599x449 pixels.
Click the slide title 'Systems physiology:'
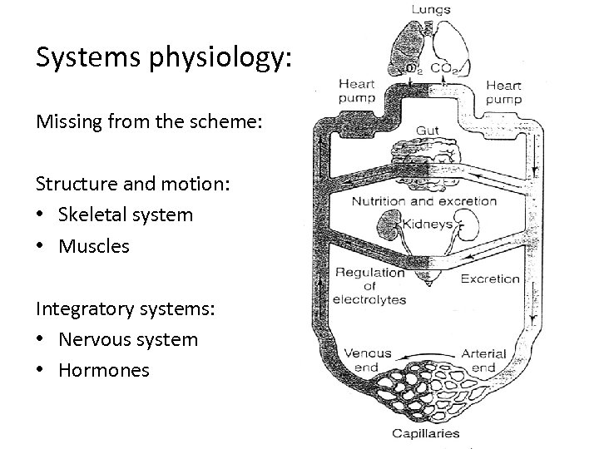point(164,57)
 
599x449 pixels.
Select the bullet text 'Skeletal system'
point(126,215)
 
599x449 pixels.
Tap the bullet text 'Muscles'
point(94,245)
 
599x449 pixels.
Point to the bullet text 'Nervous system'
point(128,339)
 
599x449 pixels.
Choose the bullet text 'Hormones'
point(104,370)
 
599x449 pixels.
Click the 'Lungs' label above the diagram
point(430,9)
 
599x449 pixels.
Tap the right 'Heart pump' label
point(503,91)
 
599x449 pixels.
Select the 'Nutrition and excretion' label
point(424,200)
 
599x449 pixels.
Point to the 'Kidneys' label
point(427,224)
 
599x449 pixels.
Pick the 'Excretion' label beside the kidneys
point(490,279)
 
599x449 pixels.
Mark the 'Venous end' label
point(367,360)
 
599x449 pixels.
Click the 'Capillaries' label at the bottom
point(427,433)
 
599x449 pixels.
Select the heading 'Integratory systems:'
point(125,308)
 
